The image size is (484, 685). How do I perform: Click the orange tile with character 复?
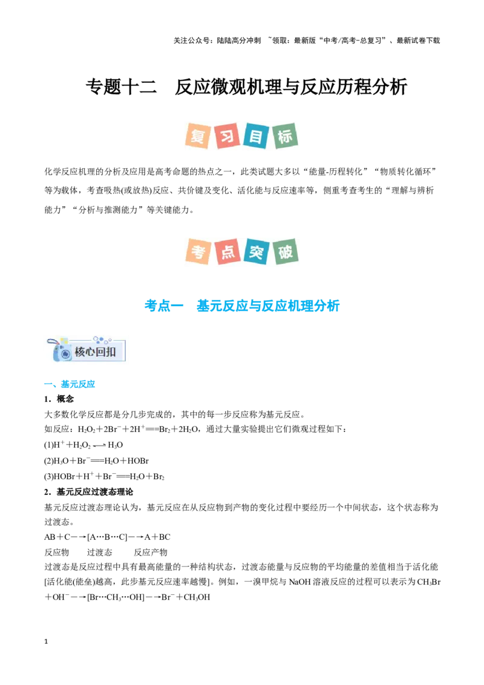pyautogui.click(x=198, y=136)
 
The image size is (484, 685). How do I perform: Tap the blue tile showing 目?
pyautogui.click(x=257, y=136)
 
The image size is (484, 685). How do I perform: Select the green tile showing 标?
pyautogui.click(x=285, y=136)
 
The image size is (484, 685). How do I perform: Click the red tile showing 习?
pyautogui.click(x=227, y=136)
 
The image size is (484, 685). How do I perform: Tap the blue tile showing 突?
pyautogui.click(x=257, y=252)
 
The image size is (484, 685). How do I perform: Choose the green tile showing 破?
pyautogui.click(x=285, y=252)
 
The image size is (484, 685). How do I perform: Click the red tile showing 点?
pyautogui.click(x=227, y=252)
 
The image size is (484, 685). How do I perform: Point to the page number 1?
pyautogui.click(x=46, y=641)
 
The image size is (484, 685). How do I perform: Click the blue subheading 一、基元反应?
pyautogui.click(x=70, y=384)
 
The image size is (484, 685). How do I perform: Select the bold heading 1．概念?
pyautogui.click(x=59, y=399)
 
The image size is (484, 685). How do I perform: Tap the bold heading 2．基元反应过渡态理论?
pyautogui.click(x=89, y=492)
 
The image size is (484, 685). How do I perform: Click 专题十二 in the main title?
pyautogui.click(x=121, y=87)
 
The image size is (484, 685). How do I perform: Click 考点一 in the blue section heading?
pyautogui.click(x=164, y=306)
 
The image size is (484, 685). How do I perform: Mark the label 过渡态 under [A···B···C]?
pyautogui.click(x=100, y=552)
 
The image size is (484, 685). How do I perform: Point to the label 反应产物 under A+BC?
pyautogui.click(x=151, y=552)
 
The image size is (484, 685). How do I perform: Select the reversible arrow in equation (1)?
pyautogui.click(x=99, y=445)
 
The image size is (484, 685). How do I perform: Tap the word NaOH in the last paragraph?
pyautogui.click(x=299, y=582)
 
